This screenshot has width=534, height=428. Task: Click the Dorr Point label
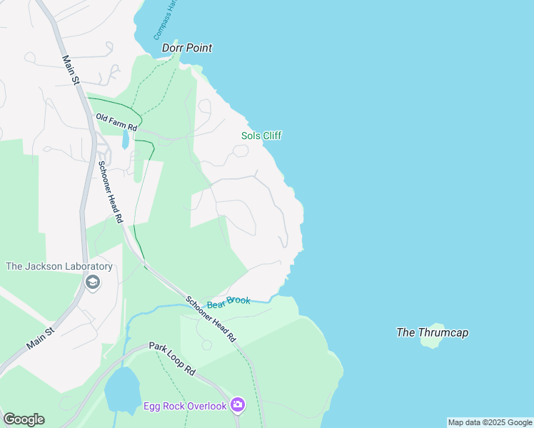187,48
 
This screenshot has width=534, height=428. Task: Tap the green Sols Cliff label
261,136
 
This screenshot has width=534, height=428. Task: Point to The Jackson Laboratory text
59,267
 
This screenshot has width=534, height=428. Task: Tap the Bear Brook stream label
228,302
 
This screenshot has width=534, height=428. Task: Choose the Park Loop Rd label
172,358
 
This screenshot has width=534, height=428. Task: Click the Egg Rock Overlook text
185,406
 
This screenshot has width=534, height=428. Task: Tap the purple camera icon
238,406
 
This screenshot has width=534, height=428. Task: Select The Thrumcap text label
433,332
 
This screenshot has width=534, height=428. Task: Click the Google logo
24,419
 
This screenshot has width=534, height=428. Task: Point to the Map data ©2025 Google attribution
490,422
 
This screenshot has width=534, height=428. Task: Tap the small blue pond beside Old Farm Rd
126,138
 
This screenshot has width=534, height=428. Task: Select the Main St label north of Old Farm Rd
70,71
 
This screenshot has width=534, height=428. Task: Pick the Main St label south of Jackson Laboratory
41,338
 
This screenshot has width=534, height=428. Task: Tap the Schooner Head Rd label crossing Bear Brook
211,319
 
